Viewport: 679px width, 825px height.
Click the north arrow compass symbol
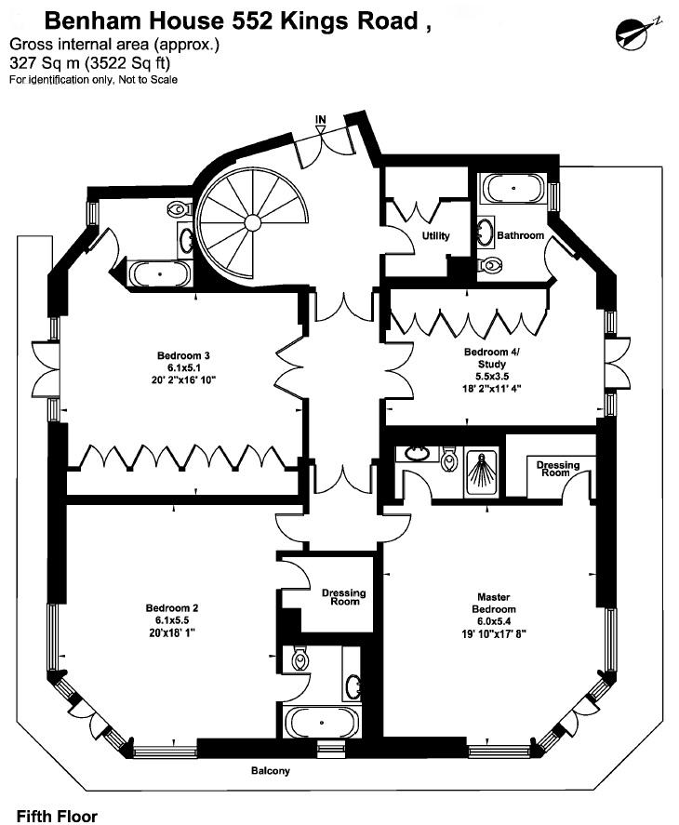638,34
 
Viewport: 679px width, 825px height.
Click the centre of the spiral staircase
253,223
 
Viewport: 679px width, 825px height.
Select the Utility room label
436,235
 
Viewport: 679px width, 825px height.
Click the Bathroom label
520,235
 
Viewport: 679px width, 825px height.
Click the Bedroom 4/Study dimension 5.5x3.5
492,376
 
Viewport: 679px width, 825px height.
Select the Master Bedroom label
493,603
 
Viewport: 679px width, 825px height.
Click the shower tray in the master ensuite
481,471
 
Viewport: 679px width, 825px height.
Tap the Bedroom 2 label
172,608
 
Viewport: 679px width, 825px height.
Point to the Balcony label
271,771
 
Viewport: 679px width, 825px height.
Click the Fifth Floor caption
57,816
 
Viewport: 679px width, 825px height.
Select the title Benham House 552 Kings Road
237,21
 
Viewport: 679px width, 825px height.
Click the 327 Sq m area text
45,63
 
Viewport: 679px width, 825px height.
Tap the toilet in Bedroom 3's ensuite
180,209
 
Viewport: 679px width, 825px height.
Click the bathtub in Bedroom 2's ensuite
321,723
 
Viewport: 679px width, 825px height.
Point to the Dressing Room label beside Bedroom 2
344,596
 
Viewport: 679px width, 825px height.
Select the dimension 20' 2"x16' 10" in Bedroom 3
183,379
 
